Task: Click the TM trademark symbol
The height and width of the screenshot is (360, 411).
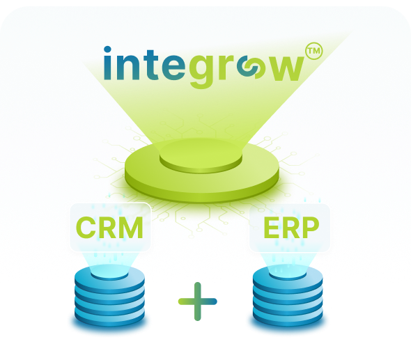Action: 314,51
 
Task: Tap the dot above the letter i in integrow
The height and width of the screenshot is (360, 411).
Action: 107,49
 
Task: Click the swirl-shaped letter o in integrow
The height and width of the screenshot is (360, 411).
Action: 247,68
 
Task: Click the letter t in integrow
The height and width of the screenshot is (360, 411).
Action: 151,65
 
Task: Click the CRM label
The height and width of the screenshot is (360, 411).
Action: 109,228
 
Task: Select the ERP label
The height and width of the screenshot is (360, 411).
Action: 291,228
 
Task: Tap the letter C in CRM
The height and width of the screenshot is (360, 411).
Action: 86,228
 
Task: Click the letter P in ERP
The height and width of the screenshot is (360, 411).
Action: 310,228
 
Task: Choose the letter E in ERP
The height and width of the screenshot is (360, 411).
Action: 271,228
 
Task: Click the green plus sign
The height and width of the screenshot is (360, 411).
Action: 198,302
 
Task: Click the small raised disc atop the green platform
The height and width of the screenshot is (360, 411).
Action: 201,157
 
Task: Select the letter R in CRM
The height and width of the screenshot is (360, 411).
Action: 109,228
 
